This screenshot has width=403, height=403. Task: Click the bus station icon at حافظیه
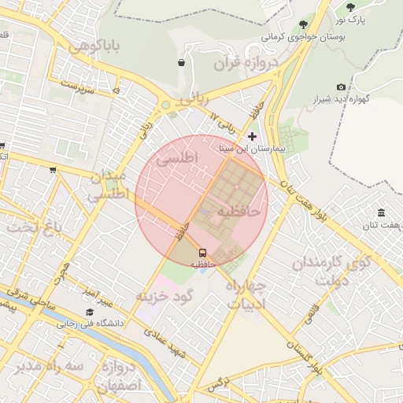click(203, 253)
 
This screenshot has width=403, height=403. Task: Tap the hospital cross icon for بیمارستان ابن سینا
click(252, 137)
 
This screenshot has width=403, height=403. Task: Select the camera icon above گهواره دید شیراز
click(341, 87)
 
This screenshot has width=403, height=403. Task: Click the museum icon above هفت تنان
click(381, 213)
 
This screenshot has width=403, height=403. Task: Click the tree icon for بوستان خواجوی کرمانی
click(304, 26)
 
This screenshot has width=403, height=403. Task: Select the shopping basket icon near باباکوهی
click(182, 62)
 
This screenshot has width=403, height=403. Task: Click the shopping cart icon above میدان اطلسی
click(53, 169)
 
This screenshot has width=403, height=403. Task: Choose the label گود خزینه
click(165, 296)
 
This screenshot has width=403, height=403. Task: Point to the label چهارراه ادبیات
click(246, 294)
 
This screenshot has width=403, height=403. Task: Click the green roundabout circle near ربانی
click(166, 105)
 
